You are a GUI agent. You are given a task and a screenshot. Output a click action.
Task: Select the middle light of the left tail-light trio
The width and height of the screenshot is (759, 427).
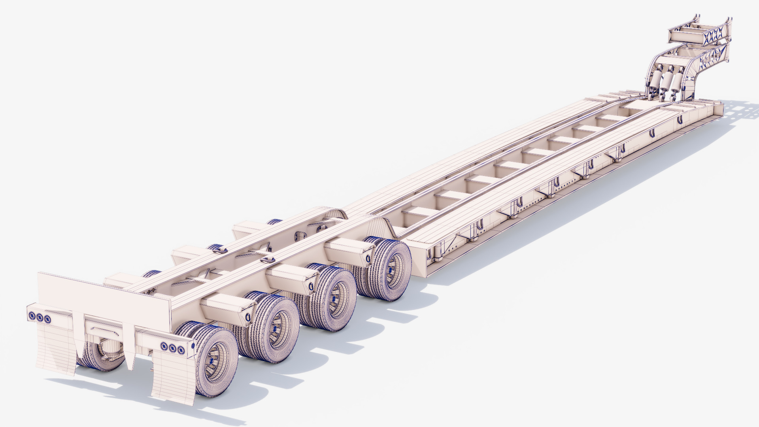click(x=40, y=317)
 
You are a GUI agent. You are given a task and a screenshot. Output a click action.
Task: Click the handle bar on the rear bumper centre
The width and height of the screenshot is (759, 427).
click(x=104, y=329)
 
